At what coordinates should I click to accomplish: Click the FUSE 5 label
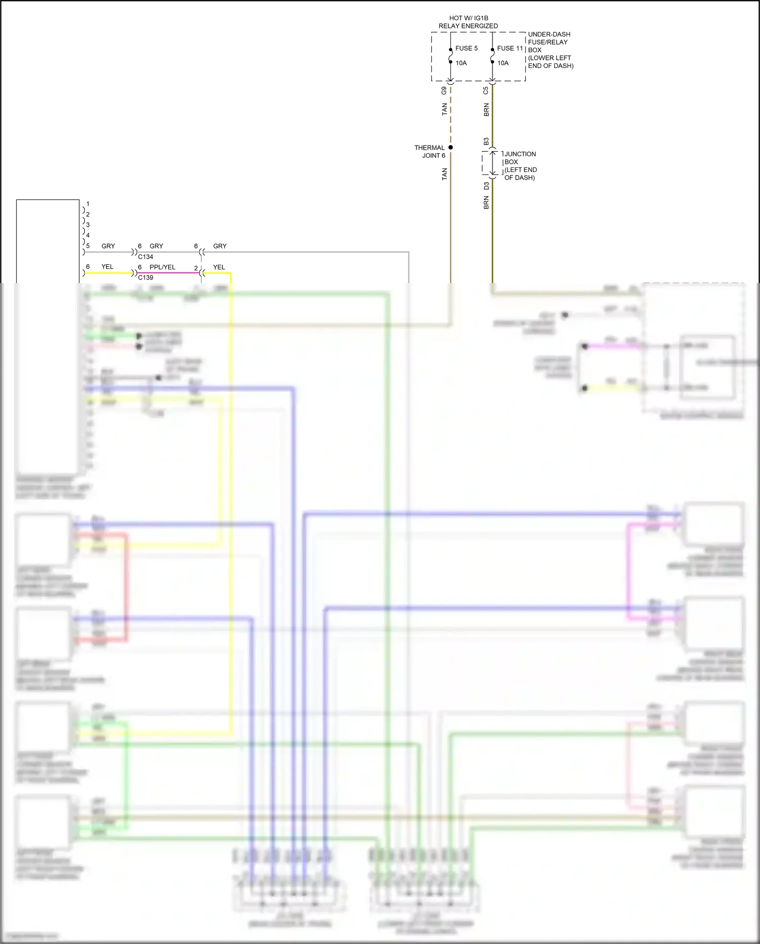(466, 48)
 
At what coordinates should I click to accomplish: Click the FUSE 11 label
(509, 48)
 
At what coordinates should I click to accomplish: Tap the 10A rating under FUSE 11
(503, 63)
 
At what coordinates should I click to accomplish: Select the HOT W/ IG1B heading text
(468, 18)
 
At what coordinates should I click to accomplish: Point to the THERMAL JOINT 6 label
(430, 152)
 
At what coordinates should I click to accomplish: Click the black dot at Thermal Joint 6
(450, 148)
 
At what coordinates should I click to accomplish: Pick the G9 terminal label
(444, 91)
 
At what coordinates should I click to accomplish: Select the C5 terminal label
(486, 91)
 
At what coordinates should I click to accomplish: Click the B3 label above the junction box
(486, 141)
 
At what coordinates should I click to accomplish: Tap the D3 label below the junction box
(486, 186)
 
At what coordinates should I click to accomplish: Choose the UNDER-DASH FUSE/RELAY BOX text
(550, 50)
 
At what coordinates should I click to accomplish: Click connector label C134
(145, 257)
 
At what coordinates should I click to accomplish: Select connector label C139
(145, 277)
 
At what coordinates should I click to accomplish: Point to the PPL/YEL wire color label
(162, 267)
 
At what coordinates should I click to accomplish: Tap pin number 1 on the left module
(88, 204)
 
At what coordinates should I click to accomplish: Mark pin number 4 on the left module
(88, 235)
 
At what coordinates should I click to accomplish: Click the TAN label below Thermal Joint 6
(444, 174)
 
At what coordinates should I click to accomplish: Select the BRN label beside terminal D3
(486, 203)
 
